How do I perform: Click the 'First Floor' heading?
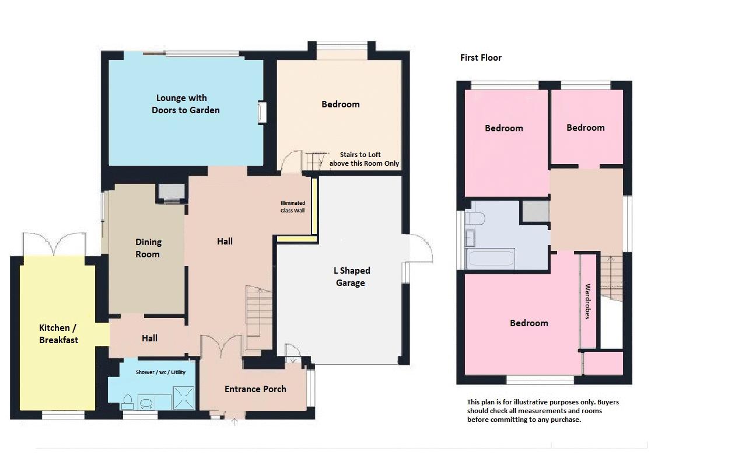(x=481, y=58)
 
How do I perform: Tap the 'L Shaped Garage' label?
(x=351, y=277)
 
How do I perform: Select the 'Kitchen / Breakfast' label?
(x=58, y=334)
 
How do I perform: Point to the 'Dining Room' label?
(x=148, y=248)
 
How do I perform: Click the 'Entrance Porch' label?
(x=256, y=389)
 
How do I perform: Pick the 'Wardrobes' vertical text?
(x=587, y=301)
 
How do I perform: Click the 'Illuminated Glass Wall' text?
(x=292, y=207)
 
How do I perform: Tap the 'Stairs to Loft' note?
(x=360, y=155)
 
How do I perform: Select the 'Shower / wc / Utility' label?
(x=160, y=372)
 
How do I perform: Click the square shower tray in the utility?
(x=184, y=398)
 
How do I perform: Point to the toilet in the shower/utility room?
(x=128, y=402)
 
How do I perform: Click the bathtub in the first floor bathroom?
(x=490, y=259)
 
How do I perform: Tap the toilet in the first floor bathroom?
(x=475, y=219)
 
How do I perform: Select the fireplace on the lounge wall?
(x=262, y=112)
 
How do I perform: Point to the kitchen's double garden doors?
(x=54, y=244)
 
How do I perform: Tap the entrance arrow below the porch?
(x=235, y=422)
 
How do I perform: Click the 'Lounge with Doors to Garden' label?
(x=185, y=104)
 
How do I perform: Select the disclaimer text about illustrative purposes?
(x=543, y=411)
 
